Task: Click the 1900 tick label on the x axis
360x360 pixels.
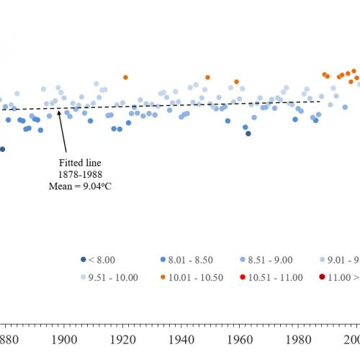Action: (x=63, y=338)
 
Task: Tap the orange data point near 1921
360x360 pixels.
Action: (x=125, y=77)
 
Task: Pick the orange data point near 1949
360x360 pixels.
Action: (x=207, y=77)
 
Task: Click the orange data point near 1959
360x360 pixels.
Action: (x=236, y=82)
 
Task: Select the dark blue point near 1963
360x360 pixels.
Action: (x=248, y=133)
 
